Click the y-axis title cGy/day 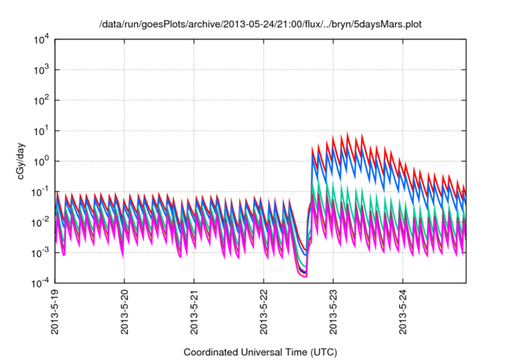coord(24,161)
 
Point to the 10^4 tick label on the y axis coord(40,39)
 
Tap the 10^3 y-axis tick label coord(40,69)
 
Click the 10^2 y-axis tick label coord(40,100)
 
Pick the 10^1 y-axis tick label coord(40,130)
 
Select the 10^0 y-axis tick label coord(40,161)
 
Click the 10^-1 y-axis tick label coord(39,191)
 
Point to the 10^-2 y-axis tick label coord(39,222)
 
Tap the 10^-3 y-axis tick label coord(39,252)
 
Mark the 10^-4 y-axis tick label coord(39,283)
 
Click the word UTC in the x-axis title coord(321,352)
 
